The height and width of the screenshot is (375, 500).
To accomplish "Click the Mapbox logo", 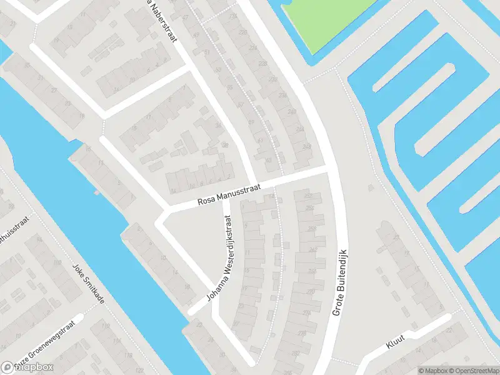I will (x=27, y=367).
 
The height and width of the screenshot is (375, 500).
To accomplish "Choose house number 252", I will (x=307, y=196).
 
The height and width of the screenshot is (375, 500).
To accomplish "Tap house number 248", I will (x=306, y=146).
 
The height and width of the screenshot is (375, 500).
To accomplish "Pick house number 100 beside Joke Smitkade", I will (x=57, y=263).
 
